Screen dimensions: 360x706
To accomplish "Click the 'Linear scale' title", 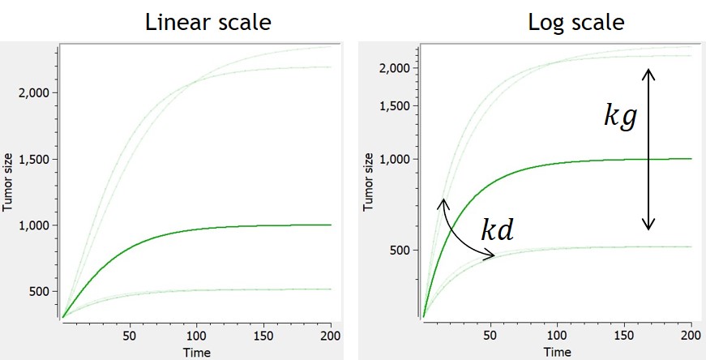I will (208, 22).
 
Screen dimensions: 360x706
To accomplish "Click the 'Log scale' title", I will (576, 22).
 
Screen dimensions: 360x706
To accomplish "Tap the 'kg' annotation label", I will (621, 117).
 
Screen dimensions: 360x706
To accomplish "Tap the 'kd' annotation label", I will (498, 231).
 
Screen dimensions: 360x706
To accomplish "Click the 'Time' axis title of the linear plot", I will (196, 353).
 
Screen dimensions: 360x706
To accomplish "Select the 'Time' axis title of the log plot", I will (557, 353).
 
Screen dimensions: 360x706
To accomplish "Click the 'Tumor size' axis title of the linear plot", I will (7, 185).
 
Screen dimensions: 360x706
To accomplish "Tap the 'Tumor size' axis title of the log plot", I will (368, 185).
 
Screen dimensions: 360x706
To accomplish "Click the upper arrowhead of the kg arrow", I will (649, 72).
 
